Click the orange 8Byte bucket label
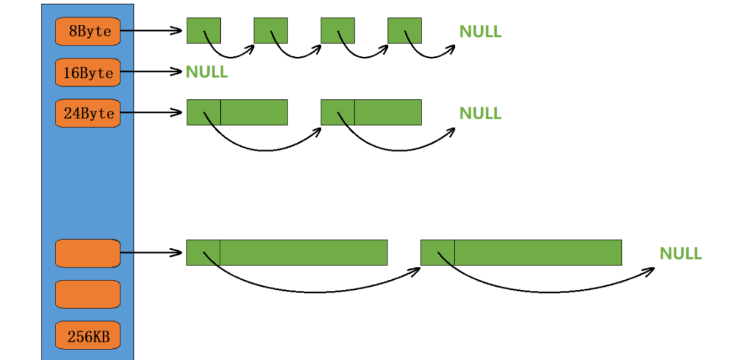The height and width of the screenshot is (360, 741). point(87,31)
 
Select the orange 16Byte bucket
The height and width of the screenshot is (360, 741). point(87,73)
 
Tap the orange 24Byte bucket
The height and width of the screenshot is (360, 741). point(87,113)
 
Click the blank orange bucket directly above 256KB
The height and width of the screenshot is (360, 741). point(87,294)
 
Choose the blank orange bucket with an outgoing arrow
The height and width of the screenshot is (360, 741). point(87,253)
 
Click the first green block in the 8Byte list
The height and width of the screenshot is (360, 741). point(204,31)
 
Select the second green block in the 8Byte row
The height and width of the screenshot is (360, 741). point(270,31)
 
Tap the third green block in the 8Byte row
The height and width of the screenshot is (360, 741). point(337,31)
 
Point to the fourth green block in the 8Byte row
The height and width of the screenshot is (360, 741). point(404,31)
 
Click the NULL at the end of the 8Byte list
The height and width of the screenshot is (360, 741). point(480,32)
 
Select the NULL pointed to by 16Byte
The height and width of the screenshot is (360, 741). point(207,72)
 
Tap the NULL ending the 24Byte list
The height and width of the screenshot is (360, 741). point(480,113)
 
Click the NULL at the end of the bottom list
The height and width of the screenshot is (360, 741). point(680,254)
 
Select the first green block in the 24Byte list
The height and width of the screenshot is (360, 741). point(237,112)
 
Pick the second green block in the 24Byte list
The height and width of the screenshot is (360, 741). point(371,112)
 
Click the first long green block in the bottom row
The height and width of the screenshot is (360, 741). point(286,253)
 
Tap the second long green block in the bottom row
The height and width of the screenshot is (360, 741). point(521,253)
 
